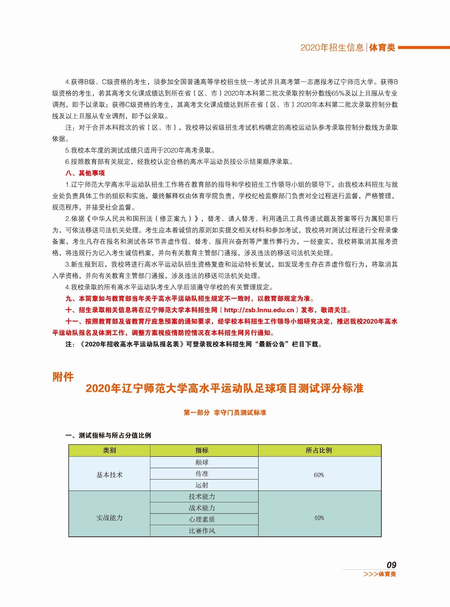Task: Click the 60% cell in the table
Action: click(x=319, y=475)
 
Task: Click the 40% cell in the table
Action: click(x=319, y=518)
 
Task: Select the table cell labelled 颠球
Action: click(x=202, y=462)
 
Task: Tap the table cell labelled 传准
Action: click(x=202, y=473)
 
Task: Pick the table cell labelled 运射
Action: click(x=202, y=485)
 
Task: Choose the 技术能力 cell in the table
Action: click(x=202, y=496)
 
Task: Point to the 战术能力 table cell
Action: click(x=202, y=508)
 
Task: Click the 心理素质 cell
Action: click(x=202, y=519)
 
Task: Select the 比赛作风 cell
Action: click(x=202, y=530)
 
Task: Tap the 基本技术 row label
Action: click(x=110, y=475)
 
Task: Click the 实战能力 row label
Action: click(x=110, y=518)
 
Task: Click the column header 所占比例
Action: click(x=319, y=450)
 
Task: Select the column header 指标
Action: click(x=202, y=450)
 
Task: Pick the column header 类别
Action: click(x=110, y=450)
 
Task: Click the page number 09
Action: click(x=391, y=565)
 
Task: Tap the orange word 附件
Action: click(x=63, y=377)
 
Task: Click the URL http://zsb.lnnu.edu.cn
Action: click(x=259, y=310)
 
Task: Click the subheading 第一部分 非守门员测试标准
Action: click(x=225, y=412)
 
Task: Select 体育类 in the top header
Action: click(x=382, y=47)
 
